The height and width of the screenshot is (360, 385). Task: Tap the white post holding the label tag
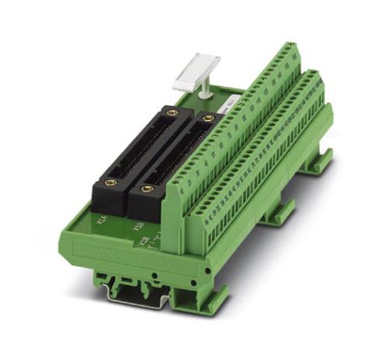pos(205,90)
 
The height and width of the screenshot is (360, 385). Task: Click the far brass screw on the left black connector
pos(171,113)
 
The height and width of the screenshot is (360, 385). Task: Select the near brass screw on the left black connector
pos(111,183)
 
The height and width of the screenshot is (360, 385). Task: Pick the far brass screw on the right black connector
pos(208,118)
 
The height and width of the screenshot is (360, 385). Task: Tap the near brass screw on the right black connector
pos(147,189)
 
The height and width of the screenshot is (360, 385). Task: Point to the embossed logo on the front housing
pos(87,250)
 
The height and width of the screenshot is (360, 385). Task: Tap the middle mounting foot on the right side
pos(277,211)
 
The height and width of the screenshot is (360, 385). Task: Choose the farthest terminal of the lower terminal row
pos(316,79)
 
